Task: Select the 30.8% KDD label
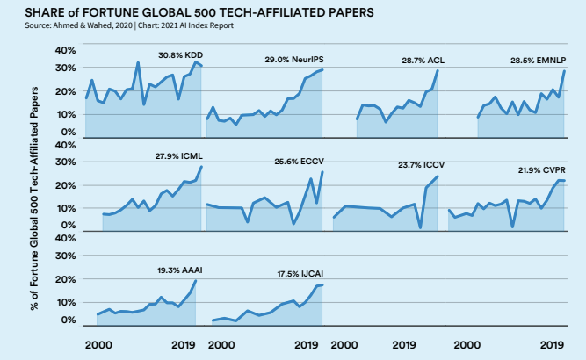180,54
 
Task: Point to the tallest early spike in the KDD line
138,62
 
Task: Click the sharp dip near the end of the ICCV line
420,228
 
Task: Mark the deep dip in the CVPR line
512,227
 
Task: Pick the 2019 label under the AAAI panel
184,346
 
